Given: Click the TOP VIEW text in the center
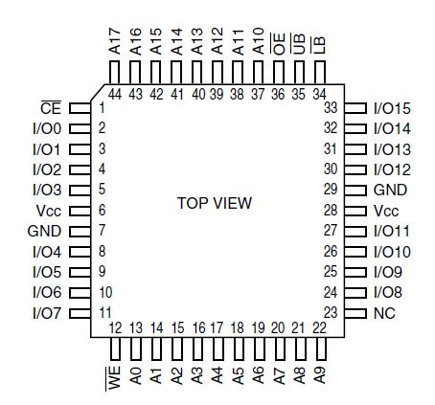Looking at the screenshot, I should click(x=215, y=204).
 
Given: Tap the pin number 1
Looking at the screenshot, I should click(x=101, y=107).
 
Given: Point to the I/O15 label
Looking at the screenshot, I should click(x=392, y=107).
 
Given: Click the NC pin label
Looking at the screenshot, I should click(x=382, y=313).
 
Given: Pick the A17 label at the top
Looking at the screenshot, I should click(x=114, y=41).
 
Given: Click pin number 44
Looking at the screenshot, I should click(x=115, y=94).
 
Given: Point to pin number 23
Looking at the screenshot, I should click(x=331, y=313).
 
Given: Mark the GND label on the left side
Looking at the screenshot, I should click(x=44, y=231).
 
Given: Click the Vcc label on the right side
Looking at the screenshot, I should click(x=385, y=211).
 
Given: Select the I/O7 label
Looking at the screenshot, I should click(x=47, y=313).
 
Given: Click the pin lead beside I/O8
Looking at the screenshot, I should click(x=355, y=293).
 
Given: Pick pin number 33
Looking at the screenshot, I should click(x=331, y=107).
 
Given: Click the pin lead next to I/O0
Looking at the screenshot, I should click(x=80, y=128).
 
